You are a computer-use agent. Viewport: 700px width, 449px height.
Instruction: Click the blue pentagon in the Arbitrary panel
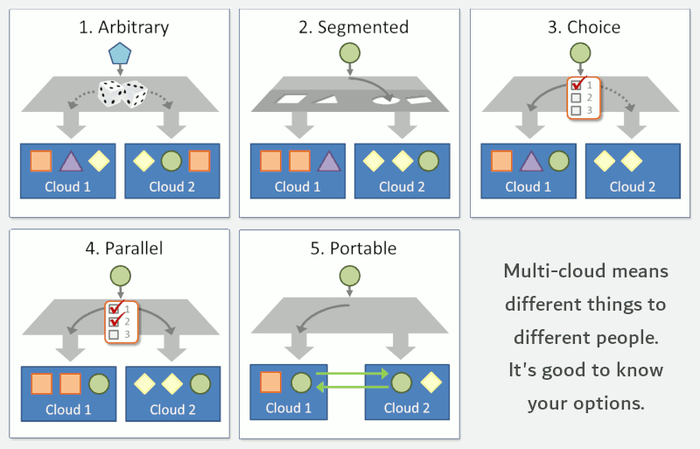120,53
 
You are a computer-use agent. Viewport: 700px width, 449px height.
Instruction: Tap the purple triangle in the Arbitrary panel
71,162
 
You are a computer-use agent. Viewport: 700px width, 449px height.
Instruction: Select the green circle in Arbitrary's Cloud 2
171,161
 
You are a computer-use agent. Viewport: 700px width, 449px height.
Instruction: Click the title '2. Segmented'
353,27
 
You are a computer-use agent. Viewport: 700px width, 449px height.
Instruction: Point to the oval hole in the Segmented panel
387,101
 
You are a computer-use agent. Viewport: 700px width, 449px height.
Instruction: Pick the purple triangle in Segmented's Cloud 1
329,162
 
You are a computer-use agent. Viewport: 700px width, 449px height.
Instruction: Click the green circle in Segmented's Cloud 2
429,161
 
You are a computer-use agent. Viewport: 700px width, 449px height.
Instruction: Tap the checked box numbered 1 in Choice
577,85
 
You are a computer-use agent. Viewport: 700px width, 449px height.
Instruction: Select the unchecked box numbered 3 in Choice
577,110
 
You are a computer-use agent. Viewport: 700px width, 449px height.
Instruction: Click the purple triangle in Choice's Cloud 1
531,162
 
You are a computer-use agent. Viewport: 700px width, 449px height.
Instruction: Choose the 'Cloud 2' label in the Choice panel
633,186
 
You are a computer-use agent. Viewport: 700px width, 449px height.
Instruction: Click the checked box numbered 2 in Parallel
115,322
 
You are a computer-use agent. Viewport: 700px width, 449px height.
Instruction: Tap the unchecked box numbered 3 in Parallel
115,334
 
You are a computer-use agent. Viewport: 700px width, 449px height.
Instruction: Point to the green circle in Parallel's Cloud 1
99,384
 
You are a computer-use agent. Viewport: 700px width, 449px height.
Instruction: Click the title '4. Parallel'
124,249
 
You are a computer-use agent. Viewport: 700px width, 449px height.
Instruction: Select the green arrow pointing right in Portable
353,373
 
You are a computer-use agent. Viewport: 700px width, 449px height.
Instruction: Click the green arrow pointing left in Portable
353,387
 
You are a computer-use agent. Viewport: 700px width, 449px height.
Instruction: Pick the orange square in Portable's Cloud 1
270,382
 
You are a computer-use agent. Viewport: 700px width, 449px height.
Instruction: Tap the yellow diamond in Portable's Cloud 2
430,382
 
